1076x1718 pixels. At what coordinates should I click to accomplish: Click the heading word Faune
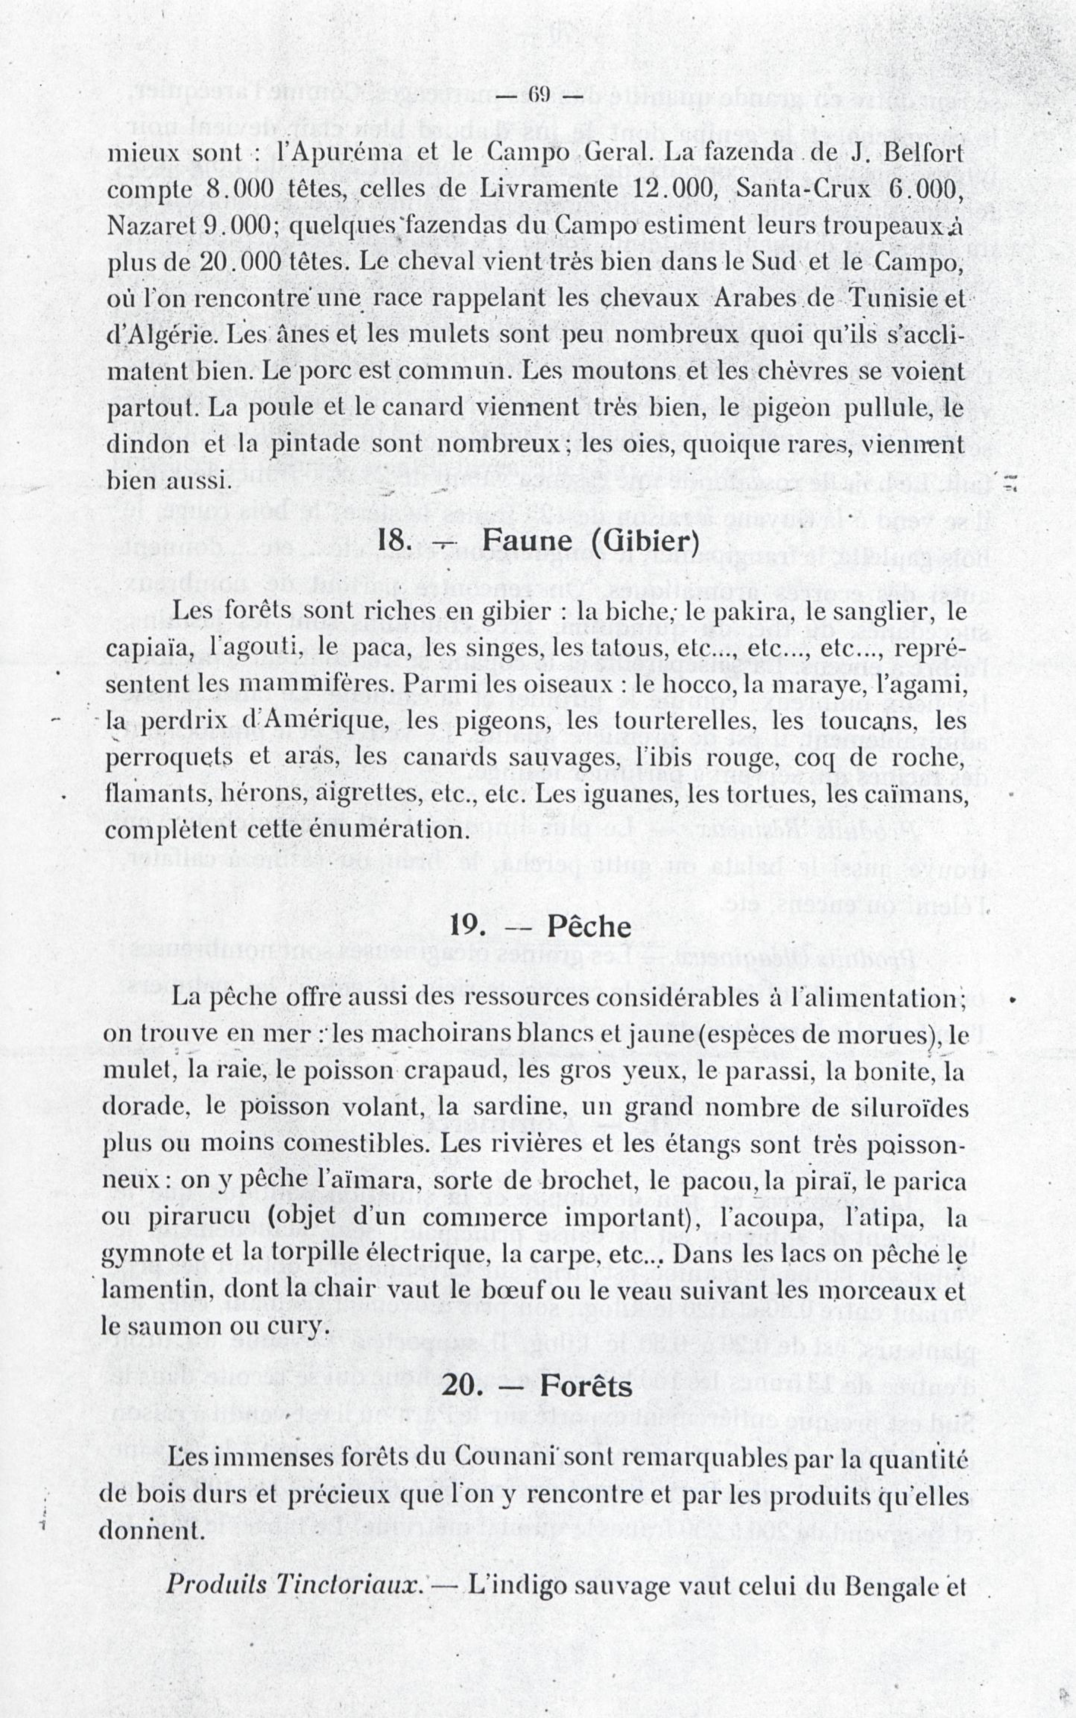click(x=526, y=541)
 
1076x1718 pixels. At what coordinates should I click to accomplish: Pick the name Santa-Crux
click(x=803, y=189)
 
